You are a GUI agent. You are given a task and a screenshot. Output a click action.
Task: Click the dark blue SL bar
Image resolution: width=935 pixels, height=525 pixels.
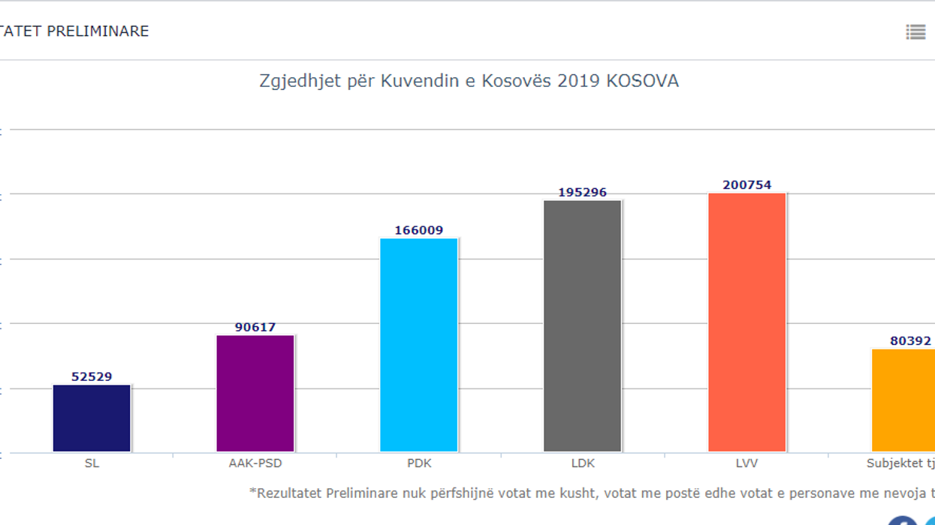point(92,418)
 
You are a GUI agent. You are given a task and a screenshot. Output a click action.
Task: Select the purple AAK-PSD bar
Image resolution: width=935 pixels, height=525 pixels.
point(255,394)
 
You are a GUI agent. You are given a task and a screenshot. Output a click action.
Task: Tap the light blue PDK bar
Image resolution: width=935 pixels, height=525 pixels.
point(419,345)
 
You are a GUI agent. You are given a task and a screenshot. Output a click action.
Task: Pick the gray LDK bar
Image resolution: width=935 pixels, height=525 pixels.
point(583,326)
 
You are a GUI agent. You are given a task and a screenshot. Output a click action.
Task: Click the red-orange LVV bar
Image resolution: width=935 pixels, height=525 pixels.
point(746,322)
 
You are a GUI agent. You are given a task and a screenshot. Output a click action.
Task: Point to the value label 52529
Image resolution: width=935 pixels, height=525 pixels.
point(92,376)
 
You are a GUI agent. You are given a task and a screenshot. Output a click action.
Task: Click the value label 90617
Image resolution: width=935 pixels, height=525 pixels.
point(255,327)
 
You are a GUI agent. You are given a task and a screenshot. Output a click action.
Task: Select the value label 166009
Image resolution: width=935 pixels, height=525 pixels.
point(419,230)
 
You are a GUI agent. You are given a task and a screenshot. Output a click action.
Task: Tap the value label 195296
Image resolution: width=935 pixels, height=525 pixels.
point(583,193)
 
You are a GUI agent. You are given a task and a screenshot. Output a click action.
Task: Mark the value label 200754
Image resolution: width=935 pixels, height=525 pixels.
point(746,185)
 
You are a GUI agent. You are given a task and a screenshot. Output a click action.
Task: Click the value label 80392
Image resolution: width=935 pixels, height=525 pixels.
point(910,340)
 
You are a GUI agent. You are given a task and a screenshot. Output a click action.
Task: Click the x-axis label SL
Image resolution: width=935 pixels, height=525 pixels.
point(92,463)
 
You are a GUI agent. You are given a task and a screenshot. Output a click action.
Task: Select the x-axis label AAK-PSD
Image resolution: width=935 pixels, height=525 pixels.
point(255,463)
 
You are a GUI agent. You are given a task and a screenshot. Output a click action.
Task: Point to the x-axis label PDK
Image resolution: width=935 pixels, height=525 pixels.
point(419,463)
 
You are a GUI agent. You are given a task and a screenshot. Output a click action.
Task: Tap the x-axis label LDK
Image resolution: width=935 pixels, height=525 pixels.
point(583,463)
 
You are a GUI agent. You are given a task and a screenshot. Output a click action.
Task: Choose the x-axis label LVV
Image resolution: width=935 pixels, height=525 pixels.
point(746,463)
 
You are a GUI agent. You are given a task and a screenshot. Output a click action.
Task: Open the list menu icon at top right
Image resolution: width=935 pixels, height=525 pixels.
point(915,31)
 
